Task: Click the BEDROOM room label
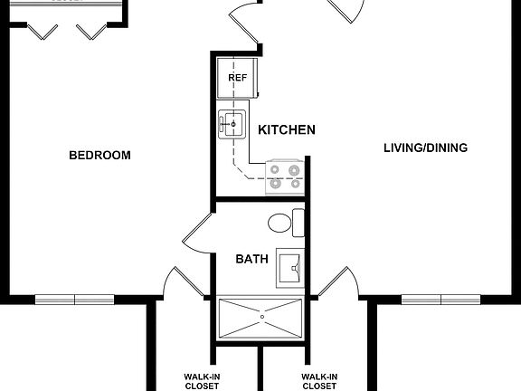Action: pos(99,155)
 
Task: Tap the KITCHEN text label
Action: pos(287,130)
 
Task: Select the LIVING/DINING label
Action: pos(425,148)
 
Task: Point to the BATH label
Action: pos(251,259)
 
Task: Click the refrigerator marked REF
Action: pos(237,78)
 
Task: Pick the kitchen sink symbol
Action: pos(232,124)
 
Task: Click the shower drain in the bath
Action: pos(261,317)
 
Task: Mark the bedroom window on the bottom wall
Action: pos(75,299)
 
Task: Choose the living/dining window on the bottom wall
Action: pos(440,299)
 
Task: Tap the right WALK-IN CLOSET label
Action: pos(319,380)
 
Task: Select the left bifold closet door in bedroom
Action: pos(42,32)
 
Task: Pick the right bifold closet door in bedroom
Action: pos(91,32)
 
